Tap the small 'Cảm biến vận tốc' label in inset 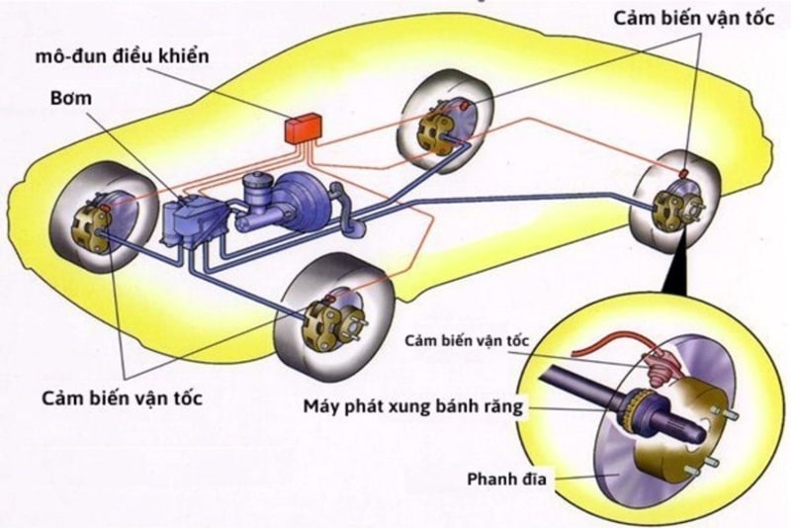(x=467, y=340)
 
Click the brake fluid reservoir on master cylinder (x=258, y=185)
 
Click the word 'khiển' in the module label (x=185, y=53)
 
